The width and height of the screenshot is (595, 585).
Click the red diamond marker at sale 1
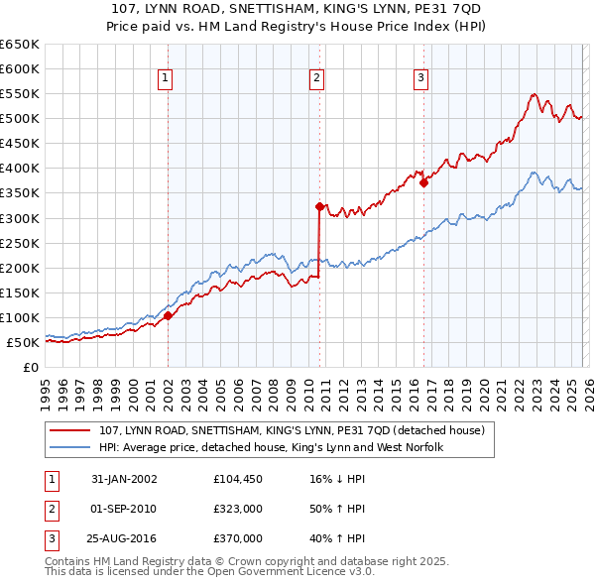coord(168,315)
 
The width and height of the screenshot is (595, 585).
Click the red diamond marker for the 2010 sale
coord(319,206)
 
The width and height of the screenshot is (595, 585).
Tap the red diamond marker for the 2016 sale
coord(423,182)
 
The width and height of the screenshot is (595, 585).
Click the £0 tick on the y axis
coord(30,367)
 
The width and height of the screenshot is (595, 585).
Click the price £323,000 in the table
coord(238,509)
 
